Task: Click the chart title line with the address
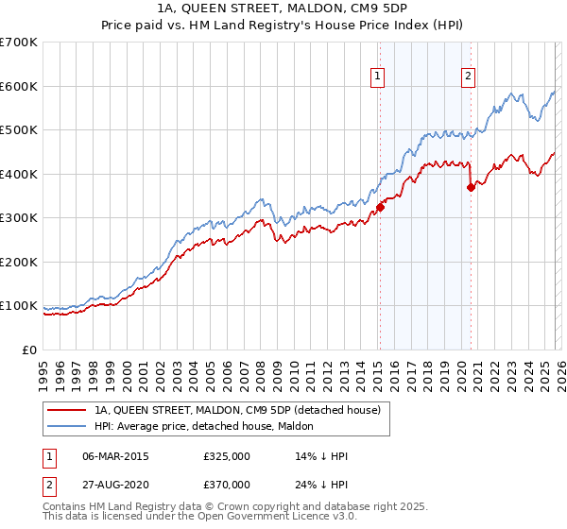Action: click(x=283, y=9)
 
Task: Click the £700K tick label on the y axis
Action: click(x=19, y=43)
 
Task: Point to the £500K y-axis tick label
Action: click(x=19, y=130)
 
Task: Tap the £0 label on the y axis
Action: click(x=29, y=350)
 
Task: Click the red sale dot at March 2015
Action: click(x=380, y=207)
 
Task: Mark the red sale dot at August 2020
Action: click(x=471, y=187)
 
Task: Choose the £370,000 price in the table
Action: click(x=227, y=484)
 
